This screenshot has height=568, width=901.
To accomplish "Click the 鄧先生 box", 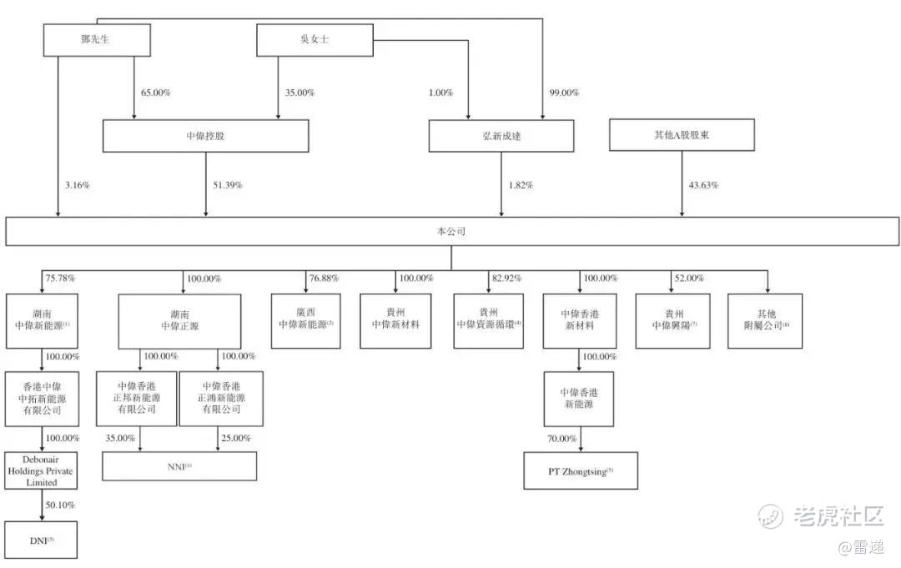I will click(x=97, y=40).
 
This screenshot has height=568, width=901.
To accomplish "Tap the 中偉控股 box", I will click(x=205, y=136).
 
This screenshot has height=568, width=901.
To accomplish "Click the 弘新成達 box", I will click(x=501, y=136).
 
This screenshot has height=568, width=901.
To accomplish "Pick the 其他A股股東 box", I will click(x=682, y=135).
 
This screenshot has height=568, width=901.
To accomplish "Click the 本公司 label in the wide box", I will click(x=450, y=232).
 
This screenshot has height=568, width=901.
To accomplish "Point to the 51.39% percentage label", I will click(x=225, y=184).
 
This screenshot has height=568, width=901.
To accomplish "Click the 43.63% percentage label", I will click(x=702, y=184).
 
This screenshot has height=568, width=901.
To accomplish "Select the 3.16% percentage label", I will click(x=76, y=184).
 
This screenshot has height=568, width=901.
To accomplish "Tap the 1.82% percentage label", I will click(x=521, y=184).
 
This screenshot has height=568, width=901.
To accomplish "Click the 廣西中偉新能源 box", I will click(x=306, y=320).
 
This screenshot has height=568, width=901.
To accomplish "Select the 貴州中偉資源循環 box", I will click(x=489, y=320).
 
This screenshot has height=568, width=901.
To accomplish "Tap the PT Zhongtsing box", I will click(x=580, y=471).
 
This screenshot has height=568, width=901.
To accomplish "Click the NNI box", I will click(x=179, y=466).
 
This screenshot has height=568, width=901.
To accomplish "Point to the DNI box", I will click(x=42, y=540).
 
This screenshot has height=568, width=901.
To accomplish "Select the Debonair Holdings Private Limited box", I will click(x=42, y=471).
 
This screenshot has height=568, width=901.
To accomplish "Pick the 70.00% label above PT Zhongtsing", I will click(x=561, y=438).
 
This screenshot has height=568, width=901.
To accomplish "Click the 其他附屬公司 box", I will click(x=765, y=320).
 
